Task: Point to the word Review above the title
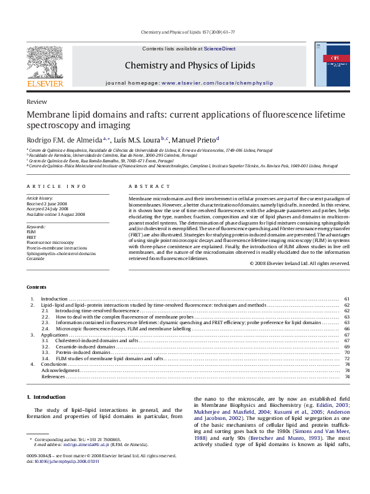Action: tap(36, 101)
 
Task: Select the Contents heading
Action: tap(37, 286)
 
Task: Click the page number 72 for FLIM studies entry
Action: tap(347, 359)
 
